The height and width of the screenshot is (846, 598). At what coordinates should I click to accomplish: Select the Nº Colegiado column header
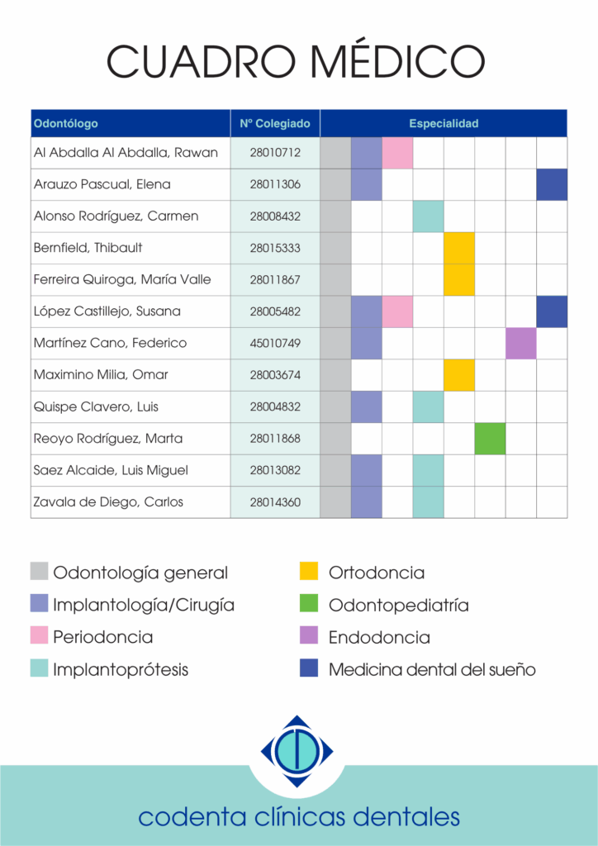click(275, 124)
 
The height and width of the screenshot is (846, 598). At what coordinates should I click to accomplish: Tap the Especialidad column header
click(444, 124)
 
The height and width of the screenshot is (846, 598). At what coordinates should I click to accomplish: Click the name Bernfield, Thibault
click(88, 248)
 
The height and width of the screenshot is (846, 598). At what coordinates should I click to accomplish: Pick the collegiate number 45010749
click(275, 343)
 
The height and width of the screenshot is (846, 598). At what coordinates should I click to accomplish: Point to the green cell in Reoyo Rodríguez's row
click(490, 439)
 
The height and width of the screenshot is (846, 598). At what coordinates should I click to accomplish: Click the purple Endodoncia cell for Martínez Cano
click(521, 343)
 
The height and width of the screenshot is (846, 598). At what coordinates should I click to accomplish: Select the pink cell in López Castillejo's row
click(397, 311)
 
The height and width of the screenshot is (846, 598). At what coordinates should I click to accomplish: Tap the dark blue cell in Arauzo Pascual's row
click(552, 184)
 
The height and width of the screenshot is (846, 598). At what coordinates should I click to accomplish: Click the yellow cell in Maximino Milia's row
click(459, 375)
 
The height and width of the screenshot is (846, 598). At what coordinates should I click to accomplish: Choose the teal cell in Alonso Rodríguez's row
click(429, 216)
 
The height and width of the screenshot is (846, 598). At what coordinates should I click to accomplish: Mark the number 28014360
click(275, 502)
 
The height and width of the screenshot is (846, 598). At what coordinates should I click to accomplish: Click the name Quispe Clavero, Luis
click(96, 406)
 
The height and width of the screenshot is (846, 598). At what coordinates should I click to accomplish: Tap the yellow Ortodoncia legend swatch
click(309, 571)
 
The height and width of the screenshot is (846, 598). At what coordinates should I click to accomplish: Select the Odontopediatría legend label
click(398, 606)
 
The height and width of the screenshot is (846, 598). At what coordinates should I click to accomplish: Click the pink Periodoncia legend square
click(40, 635)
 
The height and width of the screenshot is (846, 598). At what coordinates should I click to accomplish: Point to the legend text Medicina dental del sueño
click(432, 669)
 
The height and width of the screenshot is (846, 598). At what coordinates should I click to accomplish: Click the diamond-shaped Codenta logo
click(297, 751)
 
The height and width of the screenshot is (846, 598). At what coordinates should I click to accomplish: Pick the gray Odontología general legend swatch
click(40, 571)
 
